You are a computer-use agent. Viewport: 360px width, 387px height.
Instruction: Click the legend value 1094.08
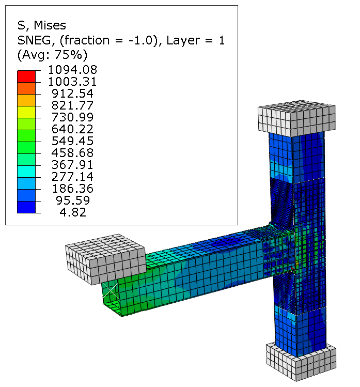[72, 70]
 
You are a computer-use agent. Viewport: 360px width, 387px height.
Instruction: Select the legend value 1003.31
[72, 82]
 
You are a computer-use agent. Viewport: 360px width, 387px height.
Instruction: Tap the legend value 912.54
[72, 94]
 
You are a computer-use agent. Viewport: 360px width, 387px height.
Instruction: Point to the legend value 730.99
[72, 117]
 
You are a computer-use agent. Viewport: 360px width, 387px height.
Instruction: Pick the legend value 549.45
[72, 141]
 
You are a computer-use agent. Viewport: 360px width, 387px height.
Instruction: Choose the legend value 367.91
[72, 165]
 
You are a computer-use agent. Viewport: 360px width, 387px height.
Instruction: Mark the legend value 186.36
[73, 189]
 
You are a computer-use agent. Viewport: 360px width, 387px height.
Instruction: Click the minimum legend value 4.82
[73, 212]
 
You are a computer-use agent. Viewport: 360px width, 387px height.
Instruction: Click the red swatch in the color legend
[26, 76]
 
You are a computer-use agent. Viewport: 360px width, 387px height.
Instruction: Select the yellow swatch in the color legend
[26, 112]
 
